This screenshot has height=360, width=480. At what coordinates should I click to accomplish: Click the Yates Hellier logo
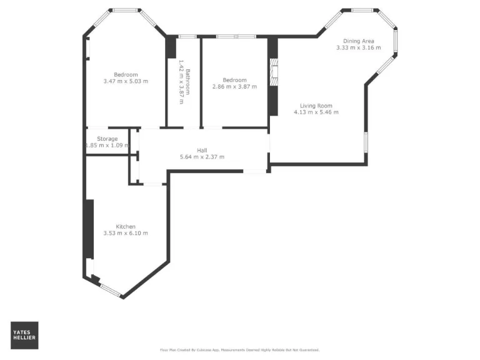click(24, 335)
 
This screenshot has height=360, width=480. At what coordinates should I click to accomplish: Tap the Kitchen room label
click(126, 226)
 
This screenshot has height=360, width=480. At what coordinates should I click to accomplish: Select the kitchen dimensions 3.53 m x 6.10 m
click(126, 233)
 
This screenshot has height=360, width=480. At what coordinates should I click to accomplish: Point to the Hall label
click(202, 150)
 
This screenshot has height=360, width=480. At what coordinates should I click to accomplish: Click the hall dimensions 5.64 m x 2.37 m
click(202, 157)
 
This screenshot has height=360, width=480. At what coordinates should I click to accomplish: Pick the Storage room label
click(107, 139)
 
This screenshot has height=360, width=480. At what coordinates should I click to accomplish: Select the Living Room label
click(316, 106)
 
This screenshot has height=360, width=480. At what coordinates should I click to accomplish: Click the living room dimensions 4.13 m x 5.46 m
click(316, 112)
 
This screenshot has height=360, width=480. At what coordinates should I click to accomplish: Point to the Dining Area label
click(358, 41)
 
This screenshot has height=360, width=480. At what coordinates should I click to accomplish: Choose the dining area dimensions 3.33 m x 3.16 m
click(358, 48)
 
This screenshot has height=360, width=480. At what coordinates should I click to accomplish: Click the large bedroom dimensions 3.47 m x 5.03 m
click(126, 81)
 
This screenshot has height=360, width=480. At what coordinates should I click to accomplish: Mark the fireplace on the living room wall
click(273, 72)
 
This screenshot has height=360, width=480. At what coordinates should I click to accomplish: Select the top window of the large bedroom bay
click(126, 10)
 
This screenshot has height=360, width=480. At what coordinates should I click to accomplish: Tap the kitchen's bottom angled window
click(111, 289)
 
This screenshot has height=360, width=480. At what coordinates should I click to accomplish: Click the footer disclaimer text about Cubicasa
click(240, 350)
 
